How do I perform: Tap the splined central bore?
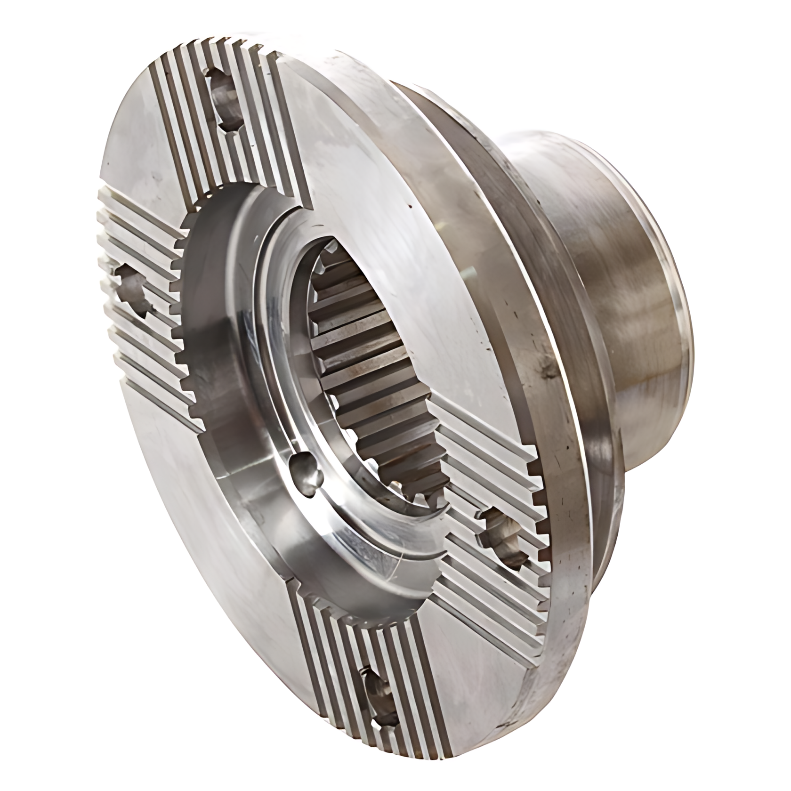tap(372, 358)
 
